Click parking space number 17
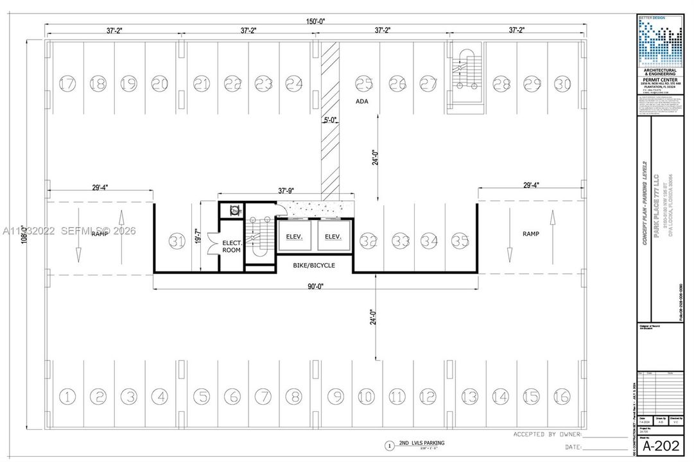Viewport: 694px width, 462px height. click(67, 83)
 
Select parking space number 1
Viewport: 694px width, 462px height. click(66, 396)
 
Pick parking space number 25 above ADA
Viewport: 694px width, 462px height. click(364, 83)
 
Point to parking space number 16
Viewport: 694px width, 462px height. click(562, 396)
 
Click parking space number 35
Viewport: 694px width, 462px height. click(459, 241)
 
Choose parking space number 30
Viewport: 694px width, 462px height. click(562, 83)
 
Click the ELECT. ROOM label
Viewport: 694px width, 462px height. click(231, 247)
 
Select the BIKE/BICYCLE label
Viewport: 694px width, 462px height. click(315, 265)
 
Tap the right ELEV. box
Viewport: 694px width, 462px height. click(333, 237)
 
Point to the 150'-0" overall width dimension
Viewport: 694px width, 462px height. click(315, 21)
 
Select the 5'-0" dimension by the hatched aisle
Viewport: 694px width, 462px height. click(330, 119)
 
